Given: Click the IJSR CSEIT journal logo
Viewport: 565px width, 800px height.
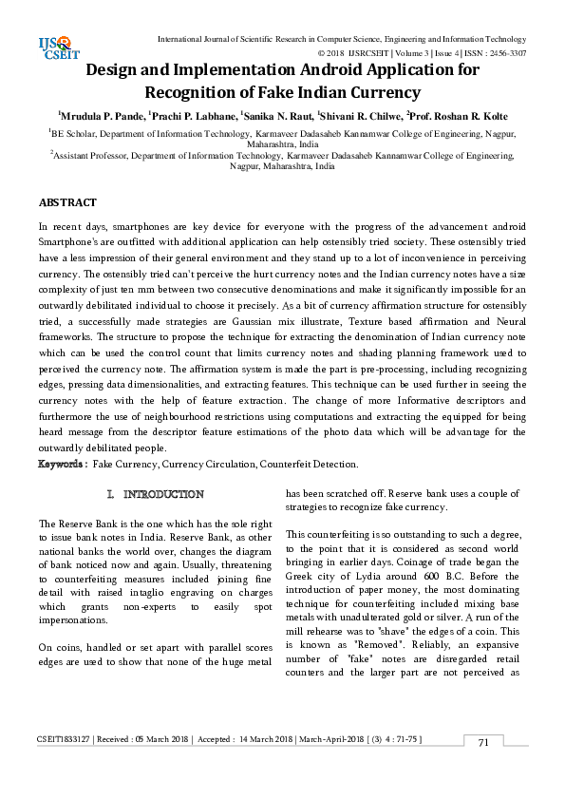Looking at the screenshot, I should (x=60, y=47).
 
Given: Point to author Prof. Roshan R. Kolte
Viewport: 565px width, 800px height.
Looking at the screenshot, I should (x=459, y=115).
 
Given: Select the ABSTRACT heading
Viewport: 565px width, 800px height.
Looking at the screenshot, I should (x=67, y=203).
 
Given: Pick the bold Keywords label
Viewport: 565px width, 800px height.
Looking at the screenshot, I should (x=63, y=464).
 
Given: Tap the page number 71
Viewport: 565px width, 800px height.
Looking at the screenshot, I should (x=483, y=742).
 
